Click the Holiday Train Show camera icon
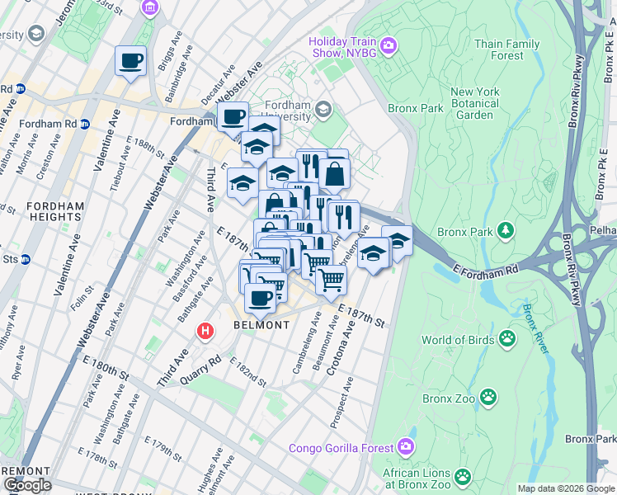coord(389,45)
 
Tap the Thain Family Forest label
coord(507,49)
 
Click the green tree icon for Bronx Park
coord(506,229)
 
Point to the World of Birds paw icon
coord(506,338)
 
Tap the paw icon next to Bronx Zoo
coord(489,398)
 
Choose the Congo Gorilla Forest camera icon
coord(406,447)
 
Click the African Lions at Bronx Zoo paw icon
coord(463,474)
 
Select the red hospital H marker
coord(205,332)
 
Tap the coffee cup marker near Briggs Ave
coord(131,60)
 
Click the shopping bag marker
coord(334,174)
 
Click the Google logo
coord(27,485)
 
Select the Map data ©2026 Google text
coord(565,488)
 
